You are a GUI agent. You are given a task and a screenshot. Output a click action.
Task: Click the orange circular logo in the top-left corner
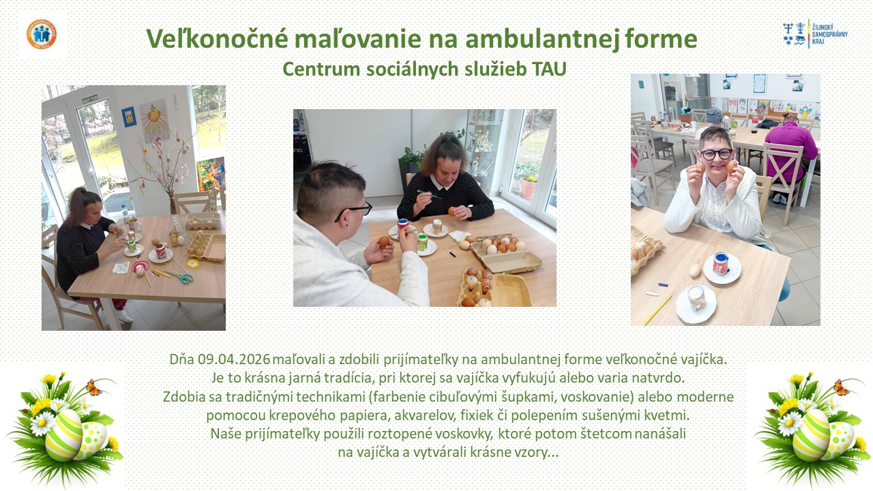42,34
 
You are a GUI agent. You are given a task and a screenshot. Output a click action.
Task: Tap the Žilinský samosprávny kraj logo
815,34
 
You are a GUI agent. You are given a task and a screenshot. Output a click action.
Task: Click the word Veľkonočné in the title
218,39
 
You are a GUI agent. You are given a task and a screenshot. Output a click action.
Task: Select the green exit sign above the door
89,99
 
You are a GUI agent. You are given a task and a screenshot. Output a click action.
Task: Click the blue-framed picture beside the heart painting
128,116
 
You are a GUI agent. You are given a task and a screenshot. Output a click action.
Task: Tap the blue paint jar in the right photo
721,264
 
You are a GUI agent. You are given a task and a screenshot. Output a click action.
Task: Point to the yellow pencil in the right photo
658,310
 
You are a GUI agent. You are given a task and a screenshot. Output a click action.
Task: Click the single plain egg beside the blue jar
695,269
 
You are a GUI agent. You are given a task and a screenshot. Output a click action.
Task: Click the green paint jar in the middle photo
422,241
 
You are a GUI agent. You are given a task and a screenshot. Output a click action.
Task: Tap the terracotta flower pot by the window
529,190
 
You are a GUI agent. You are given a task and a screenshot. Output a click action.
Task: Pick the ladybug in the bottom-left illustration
26,411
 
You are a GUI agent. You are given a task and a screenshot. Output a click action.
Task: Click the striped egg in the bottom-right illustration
812,434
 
